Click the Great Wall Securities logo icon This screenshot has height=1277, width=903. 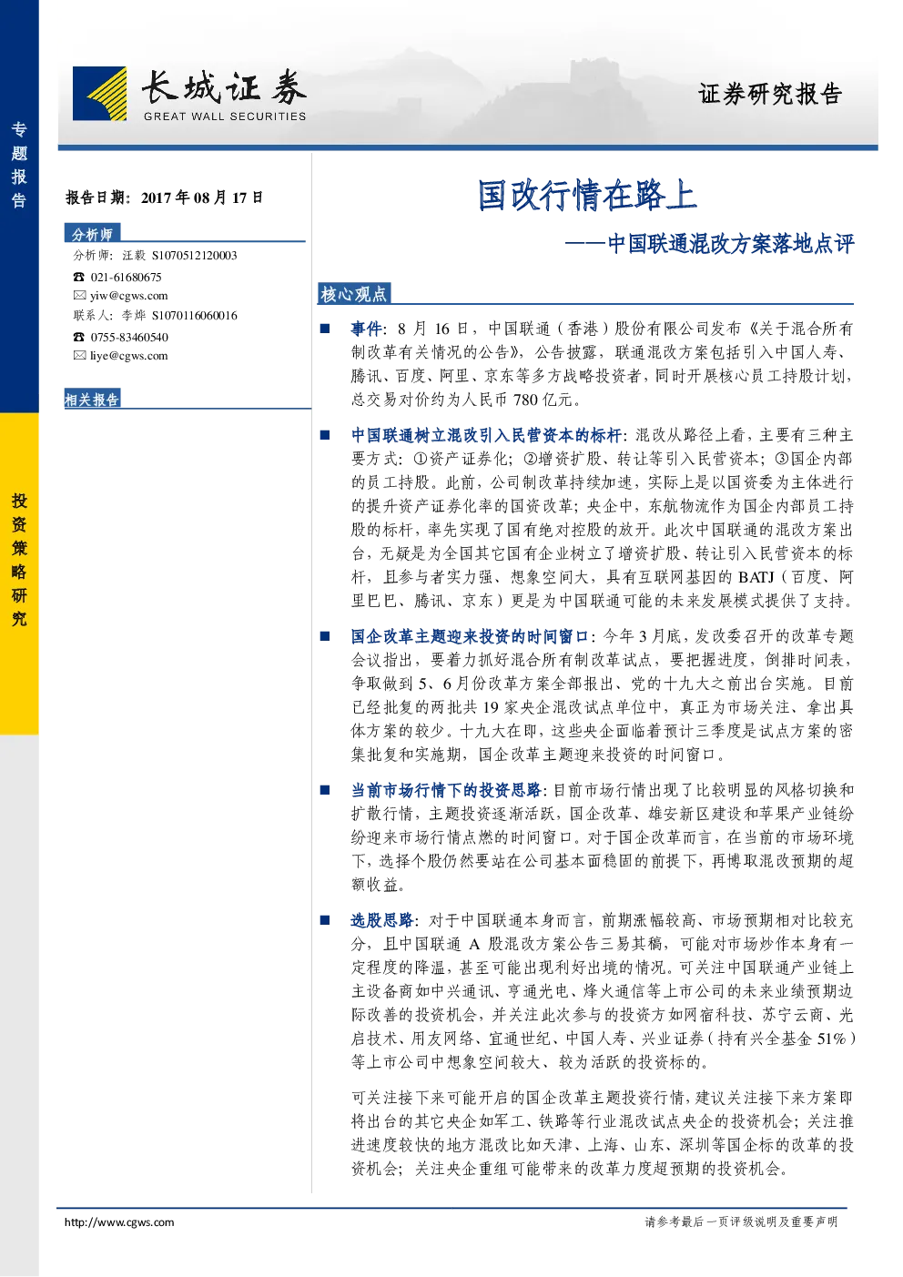coord(99,94)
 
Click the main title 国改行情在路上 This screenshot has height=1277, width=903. coord(587,195)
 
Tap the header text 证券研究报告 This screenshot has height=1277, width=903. coord(769,94)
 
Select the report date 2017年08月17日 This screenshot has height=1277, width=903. coord(202,198)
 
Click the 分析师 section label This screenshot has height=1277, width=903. coord(92,234)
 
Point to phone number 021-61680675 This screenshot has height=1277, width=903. coord(126,277)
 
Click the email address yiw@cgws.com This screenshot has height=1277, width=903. coord(129,295)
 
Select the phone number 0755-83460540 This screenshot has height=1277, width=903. coord(129,337)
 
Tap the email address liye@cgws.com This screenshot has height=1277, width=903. coord(129,356)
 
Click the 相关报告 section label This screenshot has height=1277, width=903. coord(92,399)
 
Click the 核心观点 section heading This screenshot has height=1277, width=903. coord(353,294)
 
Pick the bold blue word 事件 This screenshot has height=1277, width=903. coord(367,329)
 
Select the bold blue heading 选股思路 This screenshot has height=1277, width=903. coord(382,920)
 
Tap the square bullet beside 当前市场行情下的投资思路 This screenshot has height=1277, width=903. coord(325,789)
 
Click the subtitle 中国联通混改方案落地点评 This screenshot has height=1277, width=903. coord(731,244)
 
